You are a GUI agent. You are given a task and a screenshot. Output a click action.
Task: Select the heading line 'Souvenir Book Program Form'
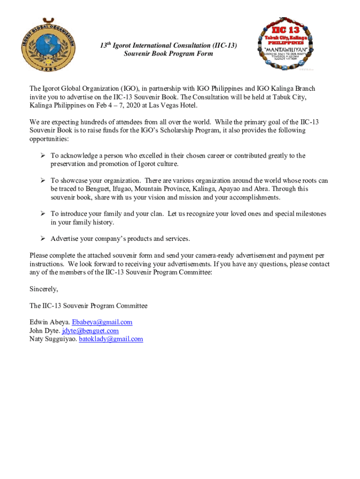tap(168, 54)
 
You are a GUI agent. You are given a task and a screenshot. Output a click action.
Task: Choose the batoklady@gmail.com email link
tap(111, 339)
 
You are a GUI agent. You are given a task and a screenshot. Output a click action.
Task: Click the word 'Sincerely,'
tap(44, 289)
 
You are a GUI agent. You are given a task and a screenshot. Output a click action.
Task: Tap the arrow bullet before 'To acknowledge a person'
tap(42, 156)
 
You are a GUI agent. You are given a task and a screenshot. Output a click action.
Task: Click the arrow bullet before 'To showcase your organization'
tap(42, 181)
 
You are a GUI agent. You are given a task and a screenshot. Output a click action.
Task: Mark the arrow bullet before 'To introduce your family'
tap(42, 214)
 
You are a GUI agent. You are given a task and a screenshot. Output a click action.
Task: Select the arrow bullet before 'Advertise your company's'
tap(42, 239)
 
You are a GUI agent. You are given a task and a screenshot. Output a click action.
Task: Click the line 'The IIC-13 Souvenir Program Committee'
tap(88, 306)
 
